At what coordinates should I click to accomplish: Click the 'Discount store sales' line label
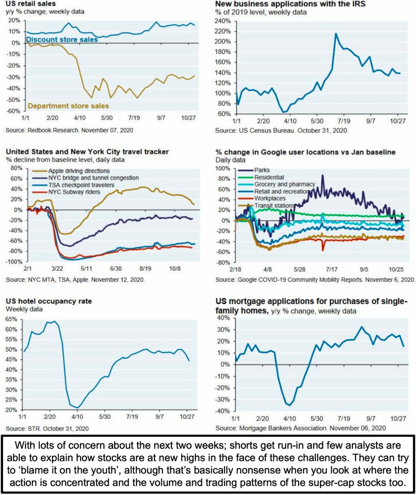point(62,39)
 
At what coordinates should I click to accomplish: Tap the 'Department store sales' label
point(68,106)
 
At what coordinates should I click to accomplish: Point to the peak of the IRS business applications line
point(336,33)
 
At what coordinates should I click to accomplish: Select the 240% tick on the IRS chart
point(223,21)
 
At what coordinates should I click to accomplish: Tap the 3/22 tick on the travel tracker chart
point(57,268)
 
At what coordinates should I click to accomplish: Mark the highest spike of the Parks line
point(322,176)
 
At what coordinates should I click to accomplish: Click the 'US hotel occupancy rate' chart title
point(49,301)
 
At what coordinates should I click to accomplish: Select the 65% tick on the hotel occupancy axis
point(11,319)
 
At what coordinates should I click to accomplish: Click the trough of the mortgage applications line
point(289,405)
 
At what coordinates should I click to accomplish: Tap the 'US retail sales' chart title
point(31,3)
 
